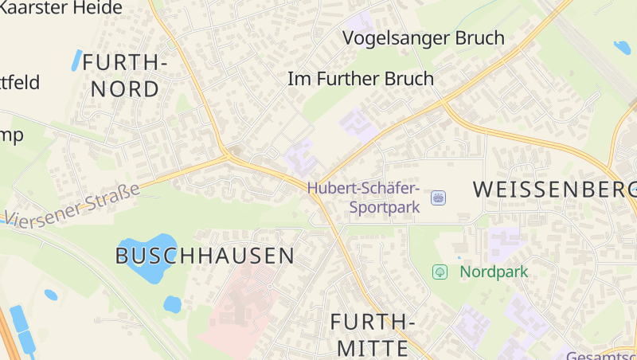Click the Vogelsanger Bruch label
(x=423, y=37)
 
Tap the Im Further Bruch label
(x=360, y=79)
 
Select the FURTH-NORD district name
(x=125, y=75)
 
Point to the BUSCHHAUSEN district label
(x=205, y=256)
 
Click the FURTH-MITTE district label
(x=373, y=335)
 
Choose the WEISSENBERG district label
(x=555, y=189)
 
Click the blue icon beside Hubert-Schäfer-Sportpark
(x=438, y=197)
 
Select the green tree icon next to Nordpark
(x=440, y=272)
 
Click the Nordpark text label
(x=494, y=272)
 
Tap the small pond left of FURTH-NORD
(x=77, y=60)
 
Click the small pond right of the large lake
(x=172, y=303)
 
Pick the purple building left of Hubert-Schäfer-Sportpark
(x=299, y=156)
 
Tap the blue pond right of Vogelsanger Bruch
(x=622, y=48)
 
